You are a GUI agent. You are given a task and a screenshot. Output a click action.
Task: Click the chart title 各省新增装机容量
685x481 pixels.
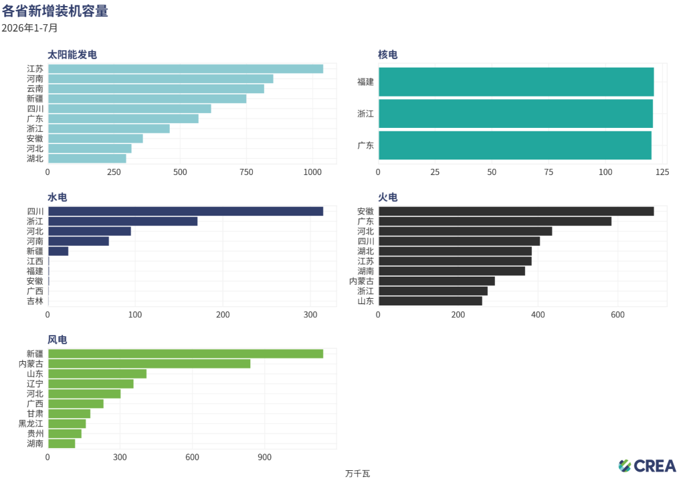[x=55, y=11]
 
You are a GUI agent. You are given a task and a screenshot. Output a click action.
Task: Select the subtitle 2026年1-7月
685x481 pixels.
[x=29, y=28]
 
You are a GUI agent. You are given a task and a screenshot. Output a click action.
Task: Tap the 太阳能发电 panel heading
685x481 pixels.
[x=72, y=55]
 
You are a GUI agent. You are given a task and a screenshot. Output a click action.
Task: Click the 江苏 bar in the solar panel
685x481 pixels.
[x=186, y=69]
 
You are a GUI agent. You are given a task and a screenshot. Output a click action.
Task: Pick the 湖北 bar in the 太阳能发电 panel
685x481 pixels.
[x=87, y=159]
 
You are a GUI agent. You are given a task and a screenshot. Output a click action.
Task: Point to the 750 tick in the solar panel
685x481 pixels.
[x=246, y=172]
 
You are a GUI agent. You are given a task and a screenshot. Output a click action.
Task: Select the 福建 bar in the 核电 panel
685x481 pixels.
[x=516, y=82]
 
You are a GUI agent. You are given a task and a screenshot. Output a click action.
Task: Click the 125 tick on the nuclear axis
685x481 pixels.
[x=662, y=172]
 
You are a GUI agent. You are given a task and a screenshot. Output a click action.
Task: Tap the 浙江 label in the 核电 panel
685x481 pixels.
[x=366, y=114]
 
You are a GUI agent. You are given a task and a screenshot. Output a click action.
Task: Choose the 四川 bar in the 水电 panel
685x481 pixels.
[x=186, y=212]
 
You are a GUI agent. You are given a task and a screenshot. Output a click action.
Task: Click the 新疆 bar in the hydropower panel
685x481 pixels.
[x=58, y=251]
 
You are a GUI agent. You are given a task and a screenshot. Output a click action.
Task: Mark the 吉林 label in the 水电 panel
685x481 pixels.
[x=35, y=301]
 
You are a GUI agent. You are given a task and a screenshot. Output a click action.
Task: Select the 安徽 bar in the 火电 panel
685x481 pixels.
[x=516, y=212]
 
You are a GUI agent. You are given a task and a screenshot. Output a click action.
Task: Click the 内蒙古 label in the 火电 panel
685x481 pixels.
[x=361, y=281]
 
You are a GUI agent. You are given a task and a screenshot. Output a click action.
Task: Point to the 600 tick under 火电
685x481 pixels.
[x=617, y=315]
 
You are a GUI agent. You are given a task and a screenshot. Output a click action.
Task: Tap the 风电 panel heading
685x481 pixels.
[x=58, y=340]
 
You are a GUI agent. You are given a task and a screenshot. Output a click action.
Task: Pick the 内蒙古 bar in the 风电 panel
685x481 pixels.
[x=149, y=364]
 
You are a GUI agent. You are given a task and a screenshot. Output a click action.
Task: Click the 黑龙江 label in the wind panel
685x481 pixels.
[x=31, y=423]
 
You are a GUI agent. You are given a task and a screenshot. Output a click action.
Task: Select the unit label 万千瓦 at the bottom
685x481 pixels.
[x=357, y=474]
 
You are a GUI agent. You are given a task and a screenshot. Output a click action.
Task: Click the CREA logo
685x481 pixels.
[x=647, y=466]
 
